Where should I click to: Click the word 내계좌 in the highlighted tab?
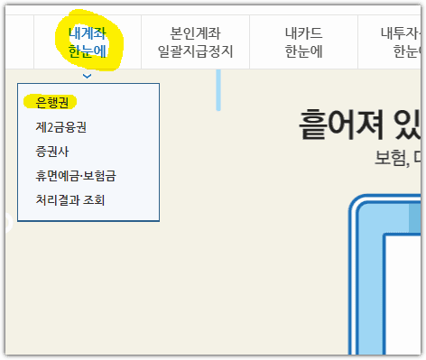pos(87,33)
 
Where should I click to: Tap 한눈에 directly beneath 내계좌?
pos(87,51)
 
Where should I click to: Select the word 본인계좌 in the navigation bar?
pos(194,33)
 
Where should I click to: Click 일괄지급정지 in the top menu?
pos(194,51)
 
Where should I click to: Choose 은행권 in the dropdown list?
pos(52,102)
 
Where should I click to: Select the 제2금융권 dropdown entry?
pos(61,127)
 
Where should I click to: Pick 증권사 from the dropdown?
pos(52,152)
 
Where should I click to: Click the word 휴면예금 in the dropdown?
pos(62,176)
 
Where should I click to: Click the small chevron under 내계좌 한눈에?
pos(87,76)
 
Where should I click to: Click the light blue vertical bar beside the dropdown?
pos(218,89)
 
